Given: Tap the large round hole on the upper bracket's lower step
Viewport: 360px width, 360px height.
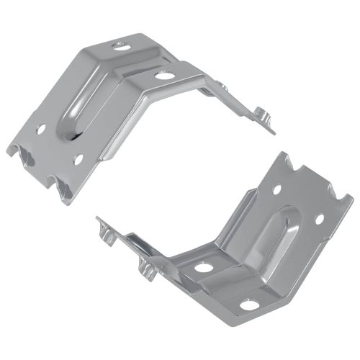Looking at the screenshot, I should point(164,74).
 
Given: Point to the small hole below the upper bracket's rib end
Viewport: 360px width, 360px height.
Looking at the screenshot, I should point(78,158).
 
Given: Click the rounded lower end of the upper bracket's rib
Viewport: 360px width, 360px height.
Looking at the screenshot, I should point(69,134).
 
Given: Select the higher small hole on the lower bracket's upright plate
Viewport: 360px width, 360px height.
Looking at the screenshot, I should point(278,192).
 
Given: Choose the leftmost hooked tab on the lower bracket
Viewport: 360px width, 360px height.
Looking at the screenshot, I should point(104,232).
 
